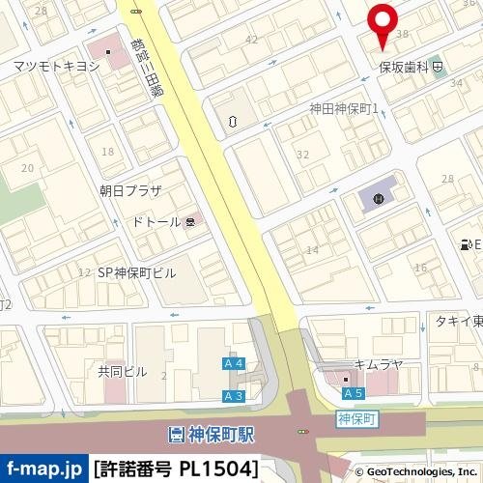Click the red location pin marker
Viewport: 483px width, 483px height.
pyautogui.click(x=383, y=23)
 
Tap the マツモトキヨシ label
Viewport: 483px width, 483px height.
pyautogui.click(x=56, y=66)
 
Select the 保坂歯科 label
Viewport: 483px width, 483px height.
pyautogui.click(x=404, y=69)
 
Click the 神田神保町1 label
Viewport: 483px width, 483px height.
pyautogui.click(x=343, y=108)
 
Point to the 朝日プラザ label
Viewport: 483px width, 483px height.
pyautogui.click(x=129, y=190)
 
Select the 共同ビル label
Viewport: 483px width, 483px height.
pyautogui.click(x=122, y=371)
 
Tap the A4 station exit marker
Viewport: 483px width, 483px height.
pyautogui.click(x=233, y=363)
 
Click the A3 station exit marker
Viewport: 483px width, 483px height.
pyautogui.click(x=233, y=396)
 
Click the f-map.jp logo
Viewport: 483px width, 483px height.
pyautogui.click(x=43, y=469)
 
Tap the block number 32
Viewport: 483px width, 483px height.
pyautogui.click(x=302, y=154)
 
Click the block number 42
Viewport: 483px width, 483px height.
pyautogui.click(x=252, y=40)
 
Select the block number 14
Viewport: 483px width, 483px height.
pyautogui.click(x=312, y=250)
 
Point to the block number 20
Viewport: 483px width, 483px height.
pyautogui.click(x=27, y=167)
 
